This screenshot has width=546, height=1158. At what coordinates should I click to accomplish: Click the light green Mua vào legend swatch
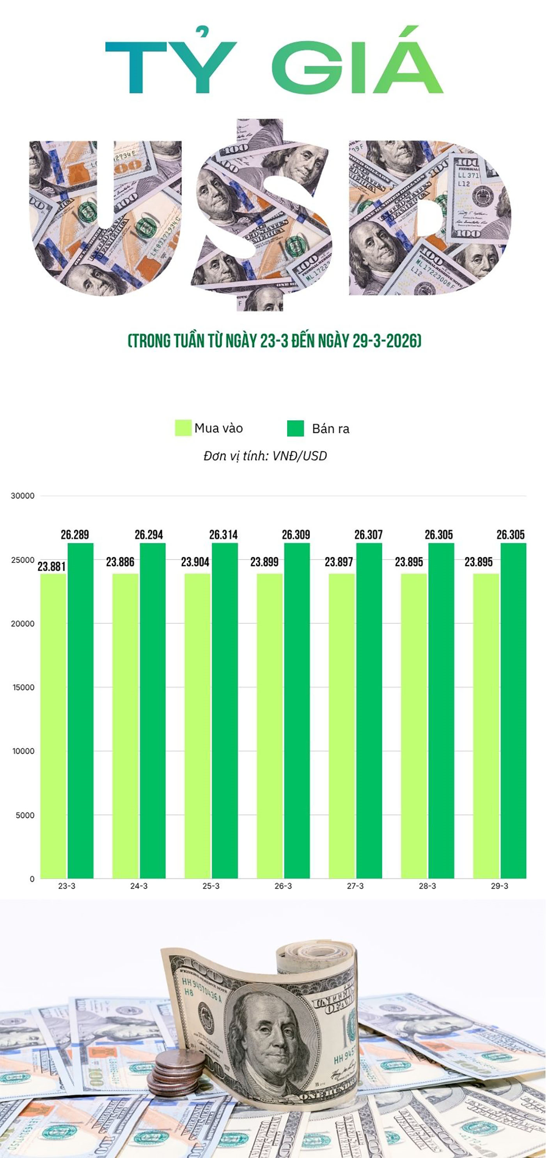pyautogui.click(x=183, y=428)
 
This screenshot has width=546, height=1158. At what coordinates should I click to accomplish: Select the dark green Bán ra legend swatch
pyautogui.click(x=295, y=428)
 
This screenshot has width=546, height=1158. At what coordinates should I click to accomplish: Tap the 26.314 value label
pyautogui.click(x=223, y=534)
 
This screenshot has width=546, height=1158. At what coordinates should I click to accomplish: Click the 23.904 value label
pyautogui.click(x=195, y=562)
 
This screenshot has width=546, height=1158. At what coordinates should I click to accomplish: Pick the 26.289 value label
pyautogui.click(x=74, y=534)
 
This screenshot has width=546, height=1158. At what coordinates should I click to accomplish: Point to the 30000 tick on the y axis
pyautogui.click(x=23, y=496)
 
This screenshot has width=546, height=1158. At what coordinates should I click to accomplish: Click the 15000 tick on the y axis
pyautogui.click(x=23, y=687)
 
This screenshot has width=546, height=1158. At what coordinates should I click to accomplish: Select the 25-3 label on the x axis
pyautogui.click(x=211, y=886)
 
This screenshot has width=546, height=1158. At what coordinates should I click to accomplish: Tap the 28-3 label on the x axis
pyautogui.click(x=427, y=886)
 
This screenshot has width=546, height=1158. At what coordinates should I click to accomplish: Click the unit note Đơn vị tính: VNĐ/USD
pyautogui.click(x=265, y=456)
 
